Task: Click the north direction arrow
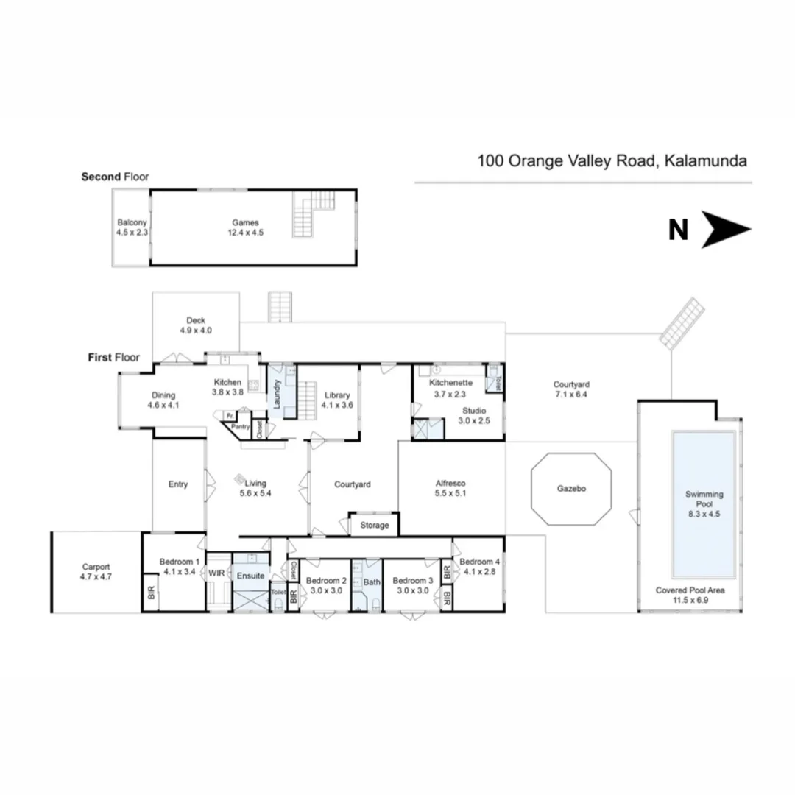(725, 230)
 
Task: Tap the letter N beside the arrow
(678, 230)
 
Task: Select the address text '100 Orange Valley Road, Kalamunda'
(612, 160)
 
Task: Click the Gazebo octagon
(571, 489)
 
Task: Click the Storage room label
(374, 526)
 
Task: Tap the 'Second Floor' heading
(115, 177)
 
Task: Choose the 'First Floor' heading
(113, 358)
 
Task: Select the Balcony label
(132, 222)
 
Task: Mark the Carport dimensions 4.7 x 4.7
(96, 577)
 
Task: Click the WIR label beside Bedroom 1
(216, 573)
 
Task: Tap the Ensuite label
(250, 576)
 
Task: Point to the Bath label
(371, 582)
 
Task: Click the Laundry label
(276, 394)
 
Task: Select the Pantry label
(240, 426)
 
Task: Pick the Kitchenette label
(451, 383)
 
